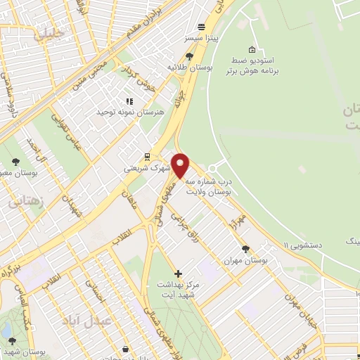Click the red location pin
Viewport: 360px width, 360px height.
point(180,165)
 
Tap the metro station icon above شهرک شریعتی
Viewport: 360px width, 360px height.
point(147,157)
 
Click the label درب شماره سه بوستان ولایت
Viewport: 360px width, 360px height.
point(209,186)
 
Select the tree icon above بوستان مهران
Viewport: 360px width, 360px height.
point(245,249)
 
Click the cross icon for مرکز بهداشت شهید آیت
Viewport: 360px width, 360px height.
point(178,274)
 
